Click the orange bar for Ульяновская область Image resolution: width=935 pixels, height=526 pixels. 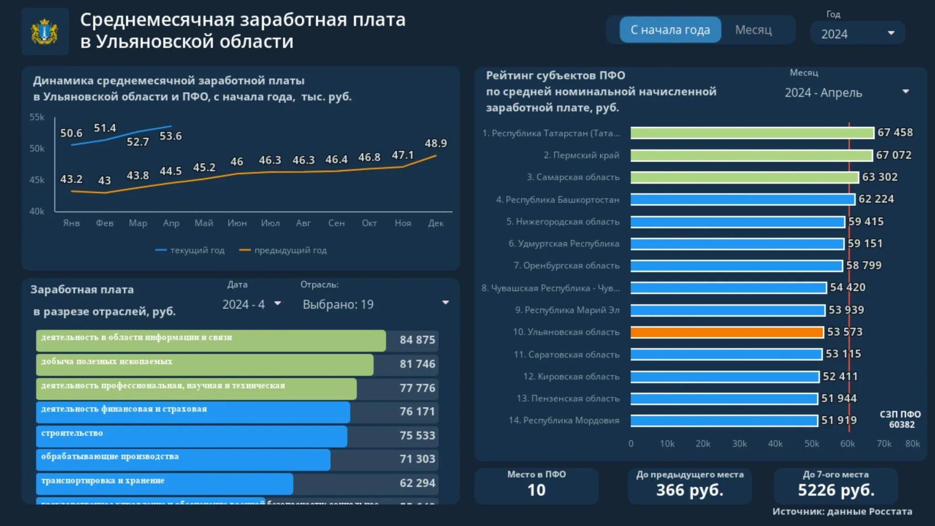727,332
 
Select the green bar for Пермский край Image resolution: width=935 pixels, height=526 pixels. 751,155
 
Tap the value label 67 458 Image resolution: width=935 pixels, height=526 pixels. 895,132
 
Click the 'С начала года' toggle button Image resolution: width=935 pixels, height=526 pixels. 670,30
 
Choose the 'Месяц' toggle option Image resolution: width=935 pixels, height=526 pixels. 753,30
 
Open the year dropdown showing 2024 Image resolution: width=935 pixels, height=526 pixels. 857,33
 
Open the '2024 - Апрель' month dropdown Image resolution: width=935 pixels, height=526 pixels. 847,93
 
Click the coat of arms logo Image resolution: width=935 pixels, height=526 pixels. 45,32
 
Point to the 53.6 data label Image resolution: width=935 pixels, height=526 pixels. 170,136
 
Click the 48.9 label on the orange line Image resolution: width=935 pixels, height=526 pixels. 436,143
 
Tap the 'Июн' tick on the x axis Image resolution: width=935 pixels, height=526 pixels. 237,223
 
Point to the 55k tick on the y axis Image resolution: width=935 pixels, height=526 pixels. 37,117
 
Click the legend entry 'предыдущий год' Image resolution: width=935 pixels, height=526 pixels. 290,250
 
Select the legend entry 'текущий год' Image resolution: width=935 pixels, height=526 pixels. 197,250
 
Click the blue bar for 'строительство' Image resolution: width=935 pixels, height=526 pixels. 192,436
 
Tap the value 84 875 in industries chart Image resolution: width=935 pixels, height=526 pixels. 417,340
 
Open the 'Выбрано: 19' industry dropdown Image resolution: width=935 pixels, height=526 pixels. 374,304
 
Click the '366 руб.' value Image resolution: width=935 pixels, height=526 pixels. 689,490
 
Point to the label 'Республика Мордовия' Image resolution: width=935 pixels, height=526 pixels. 571,421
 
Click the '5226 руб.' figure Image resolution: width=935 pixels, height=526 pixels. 835,490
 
